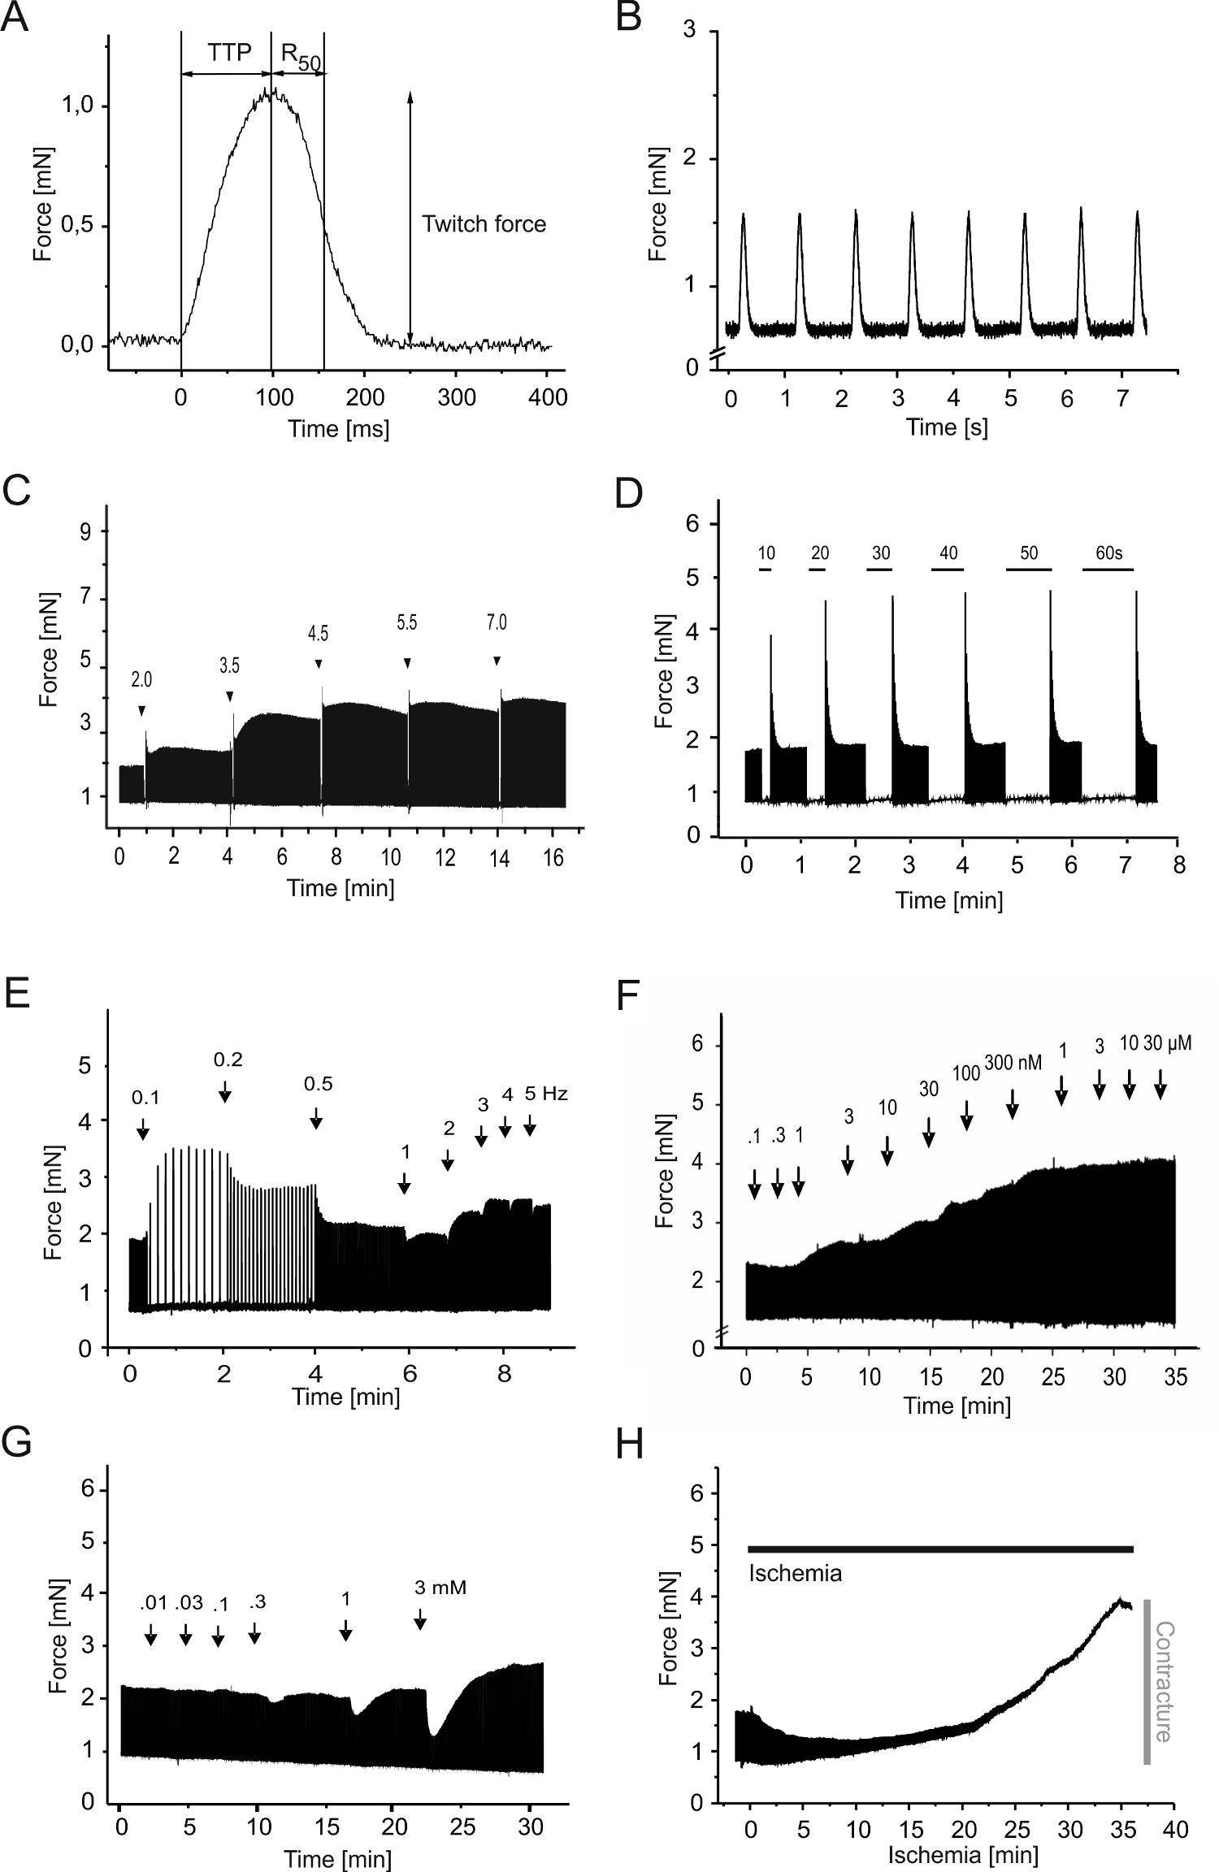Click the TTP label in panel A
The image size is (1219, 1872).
click(x=229, y=53)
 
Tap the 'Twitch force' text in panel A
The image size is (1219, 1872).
click(x=484, y=224)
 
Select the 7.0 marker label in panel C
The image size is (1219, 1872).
click(x=497, y=622)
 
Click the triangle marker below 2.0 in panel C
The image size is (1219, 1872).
click(x=141, y=711)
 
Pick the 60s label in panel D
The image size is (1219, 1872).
click(x=1108, y=553)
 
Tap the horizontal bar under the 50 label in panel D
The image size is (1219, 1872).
click(x=1029, y=570)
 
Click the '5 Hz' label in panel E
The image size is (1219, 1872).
click(x=546, y=1094)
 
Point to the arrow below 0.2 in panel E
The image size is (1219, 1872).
click(x=225, y=1091)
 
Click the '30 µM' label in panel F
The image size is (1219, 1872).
click(x=1167, y=1043)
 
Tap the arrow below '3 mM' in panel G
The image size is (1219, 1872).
click(x=419, y=1618)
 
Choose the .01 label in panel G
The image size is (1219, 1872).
click(x=153, y=1602)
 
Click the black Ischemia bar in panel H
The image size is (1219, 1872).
click(x=940, y=1549)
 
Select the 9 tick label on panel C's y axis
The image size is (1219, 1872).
click(x=85, y=531)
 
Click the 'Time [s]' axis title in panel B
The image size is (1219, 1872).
click(x=948, y=427)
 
